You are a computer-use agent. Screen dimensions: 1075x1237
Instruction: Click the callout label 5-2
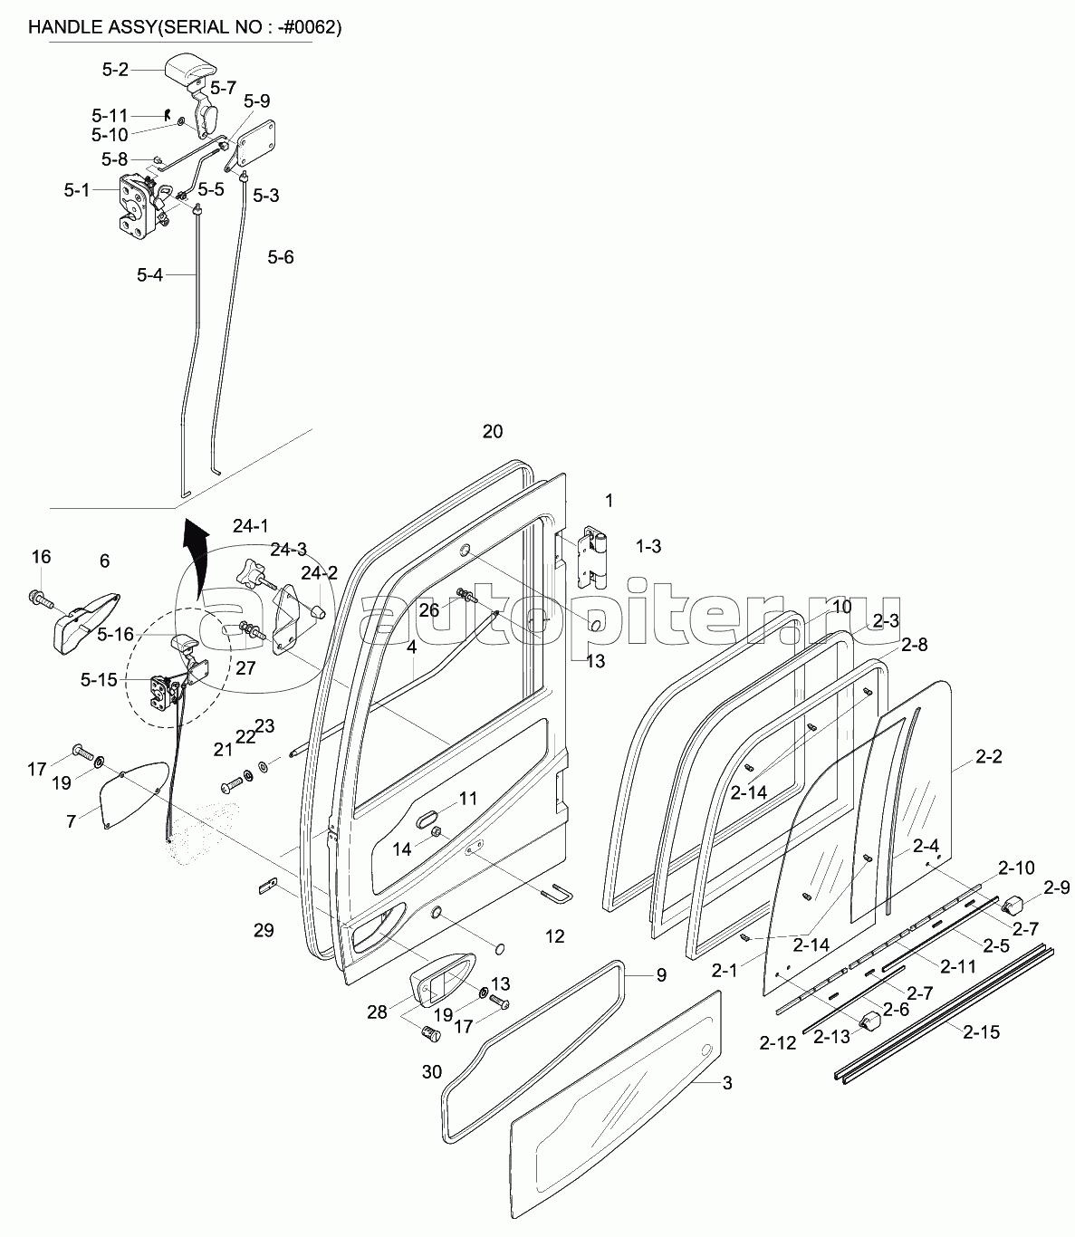point(115,70)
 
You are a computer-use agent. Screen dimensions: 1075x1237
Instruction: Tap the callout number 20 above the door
point(493,431)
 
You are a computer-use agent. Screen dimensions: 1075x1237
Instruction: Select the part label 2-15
point(982,1032)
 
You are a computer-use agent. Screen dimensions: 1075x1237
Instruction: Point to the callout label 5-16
point(116,634)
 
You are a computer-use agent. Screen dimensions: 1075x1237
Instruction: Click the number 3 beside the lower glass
point(727,1083)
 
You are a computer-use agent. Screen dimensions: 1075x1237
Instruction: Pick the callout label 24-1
point(251,526)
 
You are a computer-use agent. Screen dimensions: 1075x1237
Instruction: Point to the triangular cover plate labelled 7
point(134,795)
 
